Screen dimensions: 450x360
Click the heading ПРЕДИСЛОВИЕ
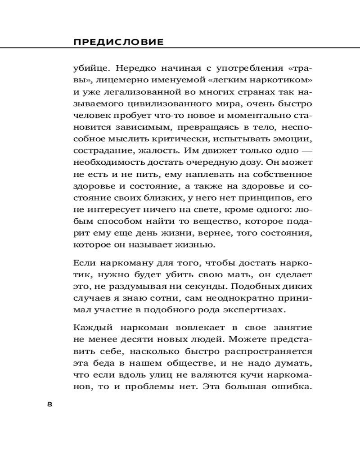point(118,42)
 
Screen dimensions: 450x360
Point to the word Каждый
point(91,327)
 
